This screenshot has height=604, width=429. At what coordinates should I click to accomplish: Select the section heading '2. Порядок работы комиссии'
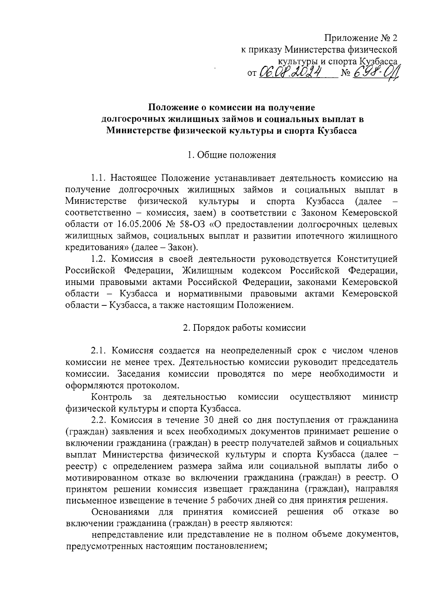coord(244,328)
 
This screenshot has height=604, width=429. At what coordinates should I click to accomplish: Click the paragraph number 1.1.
coord(99,178)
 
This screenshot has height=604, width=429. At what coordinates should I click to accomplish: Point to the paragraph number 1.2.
coord(99,259)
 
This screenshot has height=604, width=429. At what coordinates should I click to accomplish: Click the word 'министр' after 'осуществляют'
coord(380,397)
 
